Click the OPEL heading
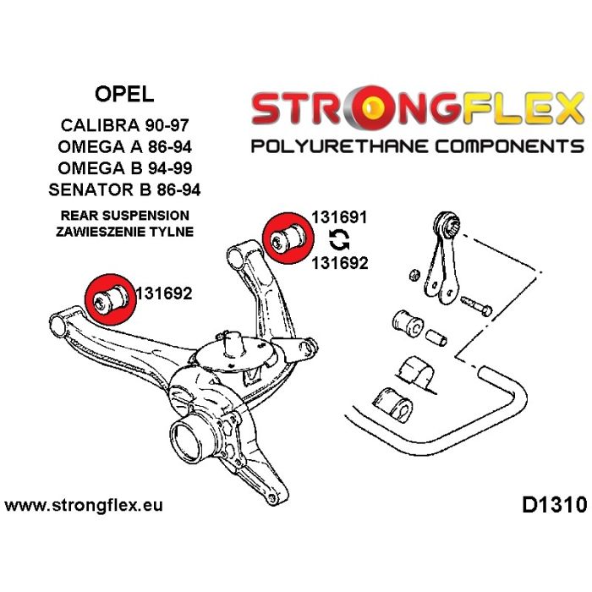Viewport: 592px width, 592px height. click(x=124, y=94)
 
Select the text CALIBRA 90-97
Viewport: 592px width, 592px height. click(x=124, y=125)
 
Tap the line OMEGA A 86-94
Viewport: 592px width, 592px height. click(x=124, y=146)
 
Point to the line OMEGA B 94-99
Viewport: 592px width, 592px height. click(x=124, y=168)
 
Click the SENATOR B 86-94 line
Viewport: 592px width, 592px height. click(x=124, y=189)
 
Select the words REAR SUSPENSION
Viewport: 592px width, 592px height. click(x=125, y=216)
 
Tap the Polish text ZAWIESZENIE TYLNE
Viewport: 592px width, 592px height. click(x=124, y=232)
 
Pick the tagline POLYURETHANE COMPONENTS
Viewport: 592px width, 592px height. click(x=418, y=146)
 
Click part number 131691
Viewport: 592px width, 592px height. click(x=339, y=217)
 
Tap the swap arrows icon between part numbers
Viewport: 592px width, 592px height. click(x=339, y=240)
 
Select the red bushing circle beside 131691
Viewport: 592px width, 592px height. click(x=288, y=238)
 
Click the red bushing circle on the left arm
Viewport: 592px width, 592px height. click(x=110, y=299)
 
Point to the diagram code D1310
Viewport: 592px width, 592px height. click(x=554, y=505)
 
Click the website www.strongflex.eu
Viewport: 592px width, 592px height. click(x=84, y=505)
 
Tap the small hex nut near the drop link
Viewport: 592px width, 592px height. click(x=414, y=275)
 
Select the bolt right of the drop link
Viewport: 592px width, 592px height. click(x=476, y=306)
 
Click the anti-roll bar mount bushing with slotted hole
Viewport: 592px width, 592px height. click(x=393, y=405)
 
